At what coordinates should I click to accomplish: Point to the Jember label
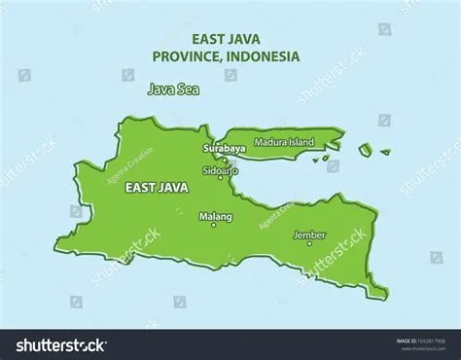[x=309, y=234]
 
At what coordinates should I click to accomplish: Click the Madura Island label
[x=284, y=142]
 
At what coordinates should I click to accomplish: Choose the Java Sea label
[x=168, y=90]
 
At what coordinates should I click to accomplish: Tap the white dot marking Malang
[x=214, y=225]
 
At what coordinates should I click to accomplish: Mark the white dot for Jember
[x=309, y=243]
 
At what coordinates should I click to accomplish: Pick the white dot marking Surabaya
[x=223, y=158]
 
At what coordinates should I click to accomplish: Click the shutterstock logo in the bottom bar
[x=60, y=344]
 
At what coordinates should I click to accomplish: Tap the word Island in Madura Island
[x=301, y=142]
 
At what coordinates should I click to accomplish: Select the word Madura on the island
[x=269, y=142]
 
